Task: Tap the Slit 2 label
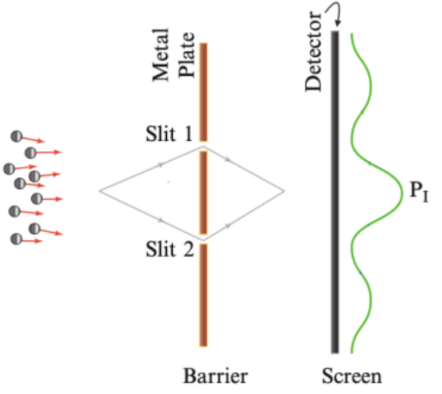[169, 249]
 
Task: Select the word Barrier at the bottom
[215, 377]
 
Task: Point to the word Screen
[351, 377]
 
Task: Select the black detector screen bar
[335, 192]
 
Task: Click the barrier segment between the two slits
[203, 192]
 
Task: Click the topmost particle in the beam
[17, 137]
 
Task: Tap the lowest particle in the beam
[16, 239]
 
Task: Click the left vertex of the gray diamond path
[100, 191]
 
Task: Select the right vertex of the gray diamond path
[284, 191]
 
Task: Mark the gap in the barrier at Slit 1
[203, 146]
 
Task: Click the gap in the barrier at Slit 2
[203, 239]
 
